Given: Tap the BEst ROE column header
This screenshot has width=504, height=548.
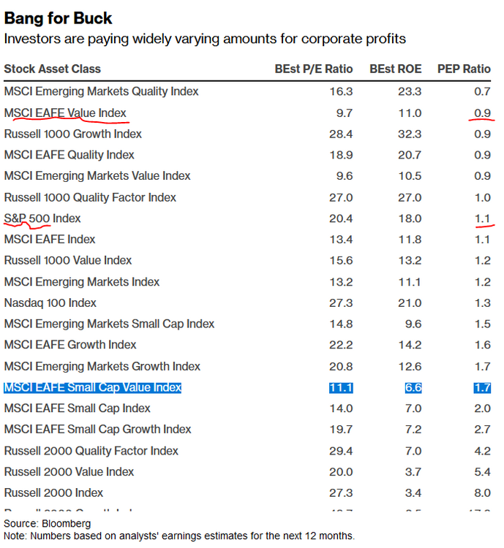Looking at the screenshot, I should click(396, 69).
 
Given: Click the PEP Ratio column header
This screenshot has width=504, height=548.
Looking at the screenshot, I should click(464, 69).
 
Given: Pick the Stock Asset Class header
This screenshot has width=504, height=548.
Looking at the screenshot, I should click(53, 69).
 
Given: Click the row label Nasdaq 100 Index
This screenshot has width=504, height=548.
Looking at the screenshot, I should click(50, 302).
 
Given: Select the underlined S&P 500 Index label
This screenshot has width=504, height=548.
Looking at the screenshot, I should click(42, 218).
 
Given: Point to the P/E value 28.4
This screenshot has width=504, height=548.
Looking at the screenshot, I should click(342, 134).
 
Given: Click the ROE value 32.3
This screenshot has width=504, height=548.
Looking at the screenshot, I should click(410, 134).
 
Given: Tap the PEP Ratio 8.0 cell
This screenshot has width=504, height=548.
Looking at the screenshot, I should click(482, 492).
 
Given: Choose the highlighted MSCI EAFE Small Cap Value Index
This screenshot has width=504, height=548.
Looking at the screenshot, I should click(93, 387).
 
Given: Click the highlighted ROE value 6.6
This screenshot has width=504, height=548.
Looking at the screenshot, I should click(413, 387).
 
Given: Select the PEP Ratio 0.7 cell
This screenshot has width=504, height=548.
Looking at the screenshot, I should click(482, 91).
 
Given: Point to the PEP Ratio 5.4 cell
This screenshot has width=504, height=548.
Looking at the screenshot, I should click(482, 471).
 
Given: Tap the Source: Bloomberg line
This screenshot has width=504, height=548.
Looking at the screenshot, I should click(48, 523).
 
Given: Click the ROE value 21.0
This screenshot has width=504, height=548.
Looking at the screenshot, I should click(410, 302).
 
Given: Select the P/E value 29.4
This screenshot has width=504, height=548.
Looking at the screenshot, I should click(342, 451).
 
